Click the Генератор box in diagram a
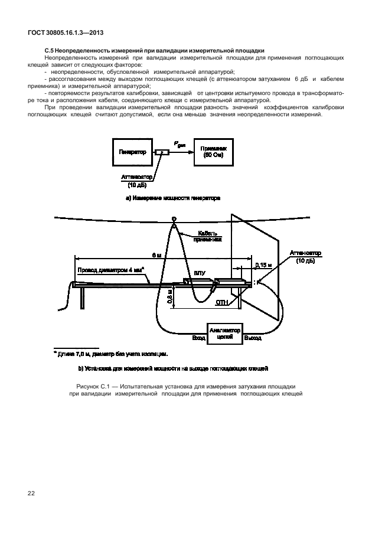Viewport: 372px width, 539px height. [x=132, y=152]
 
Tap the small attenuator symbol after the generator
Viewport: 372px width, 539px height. [x=161, y=152]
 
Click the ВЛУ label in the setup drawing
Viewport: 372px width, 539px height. [x=199, y=274]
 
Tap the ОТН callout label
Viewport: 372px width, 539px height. [x=221, y=302]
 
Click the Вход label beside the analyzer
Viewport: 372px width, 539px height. [x=198, y=338]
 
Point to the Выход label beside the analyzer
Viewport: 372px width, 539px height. [x=252, y=338]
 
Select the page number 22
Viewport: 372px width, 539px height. [x=31, y=492]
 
